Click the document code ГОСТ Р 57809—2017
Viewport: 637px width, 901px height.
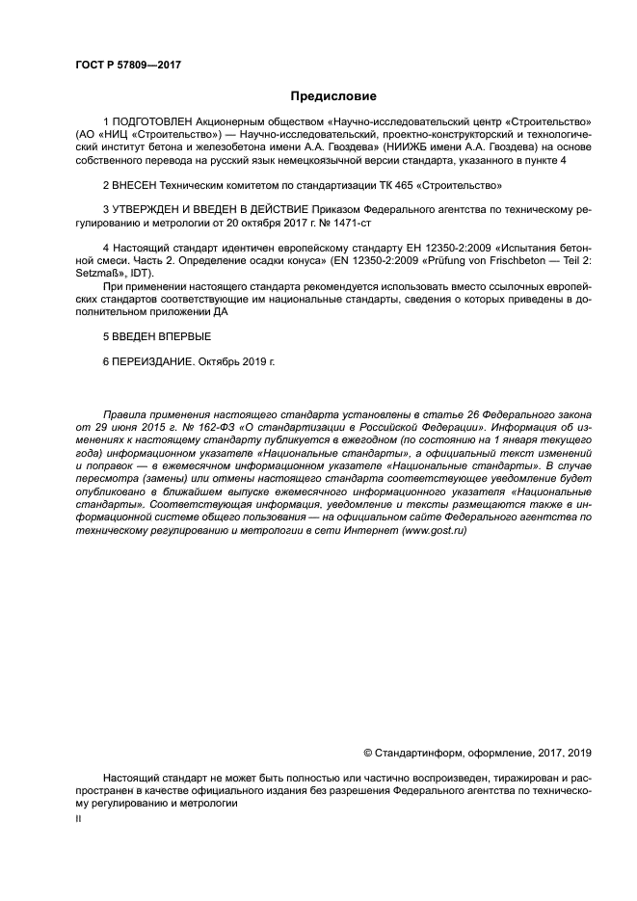coord(128,65)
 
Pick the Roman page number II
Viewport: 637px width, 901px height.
coord(78,817)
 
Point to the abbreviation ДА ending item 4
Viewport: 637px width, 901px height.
coord(226,310)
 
